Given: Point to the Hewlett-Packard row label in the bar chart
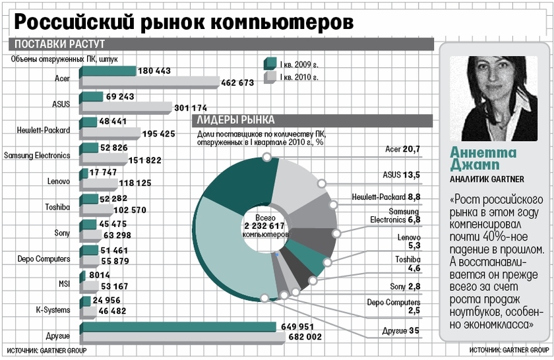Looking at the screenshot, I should point(44,130).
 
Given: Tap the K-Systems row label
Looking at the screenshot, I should point(53,309).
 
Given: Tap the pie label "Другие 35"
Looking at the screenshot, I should point(401,330).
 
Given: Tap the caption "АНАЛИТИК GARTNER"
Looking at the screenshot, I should point(487,179).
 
